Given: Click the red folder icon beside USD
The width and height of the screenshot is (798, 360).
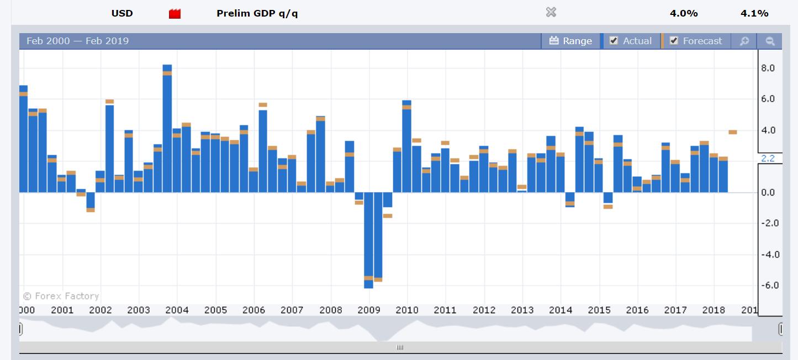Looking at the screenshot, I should pos(175,14).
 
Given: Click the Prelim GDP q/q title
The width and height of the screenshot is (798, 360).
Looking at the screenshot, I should pos(257,13).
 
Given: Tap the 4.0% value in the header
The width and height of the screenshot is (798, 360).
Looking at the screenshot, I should pos(684,13).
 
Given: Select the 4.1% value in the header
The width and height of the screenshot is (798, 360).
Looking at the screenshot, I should pos(754,13).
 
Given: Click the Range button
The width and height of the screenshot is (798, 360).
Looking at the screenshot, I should pos(571,41).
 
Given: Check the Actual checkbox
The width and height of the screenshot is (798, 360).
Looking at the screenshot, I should pos(614,41).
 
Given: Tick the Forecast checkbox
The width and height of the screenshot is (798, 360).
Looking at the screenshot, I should pos(674,41).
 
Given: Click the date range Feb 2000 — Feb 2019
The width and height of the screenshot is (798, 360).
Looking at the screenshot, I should pos(77,41).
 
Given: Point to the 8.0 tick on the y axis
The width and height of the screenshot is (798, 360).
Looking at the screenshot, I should pos(768,68).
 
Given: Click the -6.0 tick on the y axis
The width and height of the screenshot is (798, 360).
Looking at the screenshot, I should pos(767,285).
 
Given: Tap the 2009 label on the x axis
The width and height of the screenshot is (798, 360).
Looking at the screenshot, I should pos(369,310).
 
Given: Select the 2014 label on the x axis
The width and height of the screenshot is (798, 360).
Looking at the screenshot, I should pos(561,310).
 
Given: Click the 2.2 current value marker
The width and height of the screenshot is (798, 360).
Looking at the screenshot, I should pos(768,159).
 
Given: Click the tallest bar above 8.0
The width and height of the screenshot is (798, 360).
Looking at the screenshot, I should pos(167,127).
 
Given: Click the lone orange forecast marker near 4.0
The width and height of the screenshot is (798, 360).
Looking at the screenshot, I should pos(733,132).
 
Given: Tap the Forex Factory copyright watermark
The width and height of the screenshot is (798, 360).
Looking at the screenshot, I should pos(61,296).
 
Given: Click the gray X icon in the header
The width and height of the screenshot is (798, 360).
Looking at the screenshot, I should pos(551,13).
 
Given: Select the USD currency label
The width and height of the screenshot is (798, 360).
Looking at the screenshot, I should pos(122,13).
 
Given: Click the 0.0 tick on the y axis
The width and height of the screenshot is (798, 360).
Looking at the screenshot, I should pos(768,193).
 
